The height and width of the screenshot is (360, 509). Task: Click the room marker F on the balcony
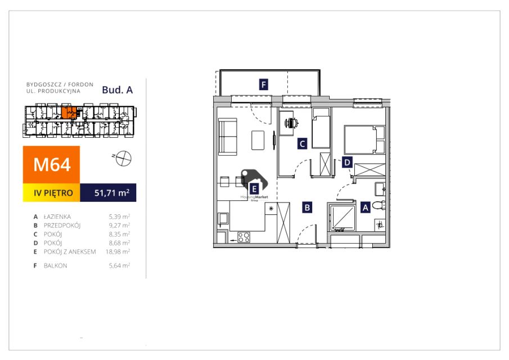point(264,85)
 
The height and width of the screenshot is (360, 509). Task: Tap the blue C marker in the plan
point(302,143)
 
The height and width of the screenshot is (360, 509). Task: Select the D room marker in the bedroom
point(348,162)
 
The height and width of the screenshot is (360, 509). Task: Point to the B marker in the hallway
point(307,207)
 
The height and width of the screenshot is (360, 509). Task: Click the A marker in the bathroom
point(366,208)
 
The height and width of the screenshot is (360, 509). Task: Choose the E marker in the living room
point(254,189)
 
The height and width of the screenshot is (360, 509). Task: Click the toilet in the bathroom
point(379,205)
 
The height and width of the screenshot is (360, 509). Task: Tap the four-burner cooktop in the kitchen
point(244,237)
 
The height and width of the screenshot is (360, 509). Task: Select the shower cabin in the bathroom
point(342,218)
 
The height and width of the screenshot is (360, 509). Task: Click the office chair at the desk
point(291,123)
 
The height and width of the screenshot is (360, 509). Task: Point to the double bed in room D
point(364,139)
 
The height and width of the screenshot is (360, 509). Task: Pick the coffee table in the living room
point(258,140)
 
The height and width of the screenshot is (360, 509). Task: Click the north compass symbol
point(123,159)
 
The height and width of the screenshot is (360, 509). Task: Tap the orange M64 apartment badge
point(51,165)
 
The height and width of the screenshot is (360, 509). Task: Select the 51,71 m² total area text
point(112,193)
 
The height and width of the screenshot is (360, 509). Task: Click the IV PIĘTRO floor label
point(53,193)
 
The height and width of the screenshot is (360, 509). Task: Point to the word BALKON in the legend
point(56,265)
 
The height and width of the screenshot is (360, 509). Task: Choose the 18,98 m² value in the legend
point(118,251)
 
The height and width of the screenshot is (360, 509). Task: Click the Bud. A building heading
point(117,90)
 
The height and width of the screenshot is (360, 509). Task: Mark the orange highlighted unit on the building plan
point(69,112)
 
